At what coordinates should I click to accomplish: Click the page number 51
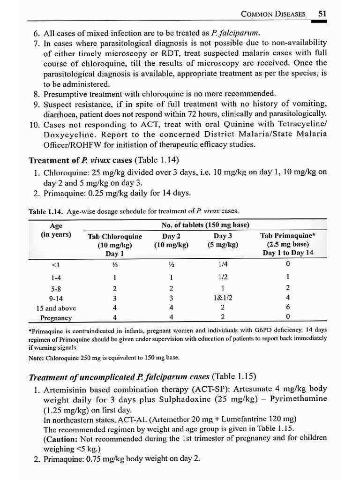click(x=322, y=14)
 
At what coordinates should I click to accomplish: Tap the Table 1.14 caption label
click(x=46, y=211)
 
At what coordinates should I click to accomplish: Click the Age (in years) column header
click(x=56, y=230)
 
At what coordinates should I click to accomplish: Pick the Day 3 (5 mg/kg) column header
click(x=223, y=240)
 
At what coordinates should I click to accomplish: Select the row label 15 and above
click(x=56, y=308)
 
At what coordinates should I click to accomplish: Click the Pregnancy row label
click(x=56, y=318)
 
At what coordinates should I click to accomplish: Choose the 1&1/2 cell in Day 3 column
click(x=223, y=298)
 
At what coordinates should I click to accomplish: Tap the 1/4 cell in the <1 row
click(x=223, y=264)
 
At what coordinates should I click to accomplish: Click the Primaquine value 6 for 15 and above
click(x=287, y=308)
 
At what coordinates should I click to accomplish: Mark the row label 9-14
click(x=56, y=298)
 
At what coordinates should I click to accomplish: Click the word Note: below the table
click(x=37, y=358)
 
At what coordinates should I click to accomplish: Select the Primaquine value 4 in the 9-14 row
click(x=287, y=298)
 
